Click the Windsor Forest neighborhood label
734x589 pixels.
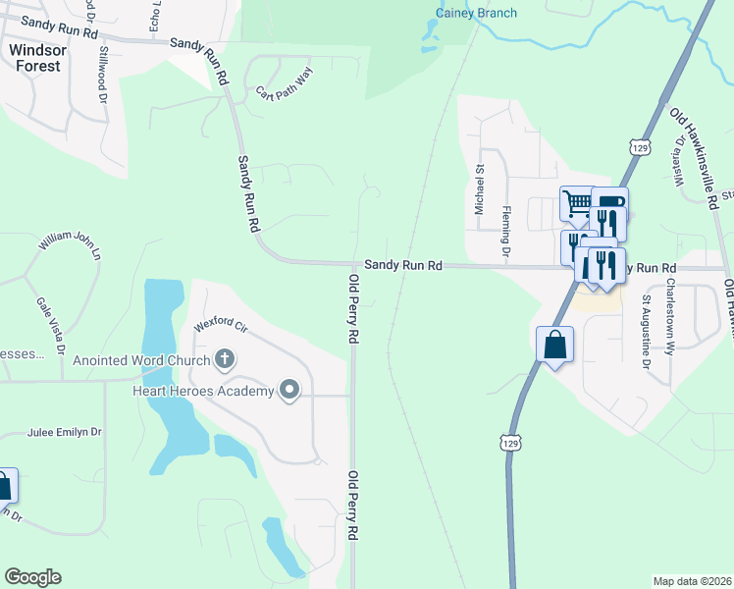click(34, 57)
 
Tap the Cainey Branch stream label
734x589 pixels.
click(476, 13)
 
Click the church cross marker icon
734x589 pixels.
click(225, 358)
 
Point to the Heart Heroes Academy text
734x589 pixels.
click(202, 392)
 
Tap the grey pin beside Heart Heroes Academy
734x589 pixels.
click(289, 391)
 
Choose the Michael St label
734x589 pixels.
click(480, 189)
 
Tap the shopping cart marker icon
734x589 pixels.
click(577, 203)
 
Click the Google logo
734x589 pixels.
click(32, 577)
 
